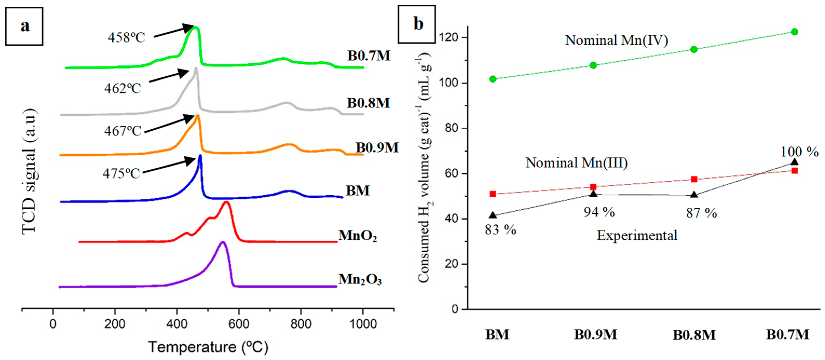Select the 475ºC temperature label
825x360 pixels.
click(121, 174)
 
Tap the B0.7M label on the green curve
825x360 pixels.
click(369, 56)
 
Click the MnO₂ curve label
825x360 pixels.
click(357, 236)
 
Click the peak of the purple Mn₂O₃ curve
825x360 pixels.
click(223, 242)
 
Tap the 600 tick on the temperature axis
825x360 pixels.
click(239, 324)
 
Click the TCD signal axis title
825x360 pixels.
click(30, 171)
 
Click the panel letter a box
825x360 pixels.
click(24, 26)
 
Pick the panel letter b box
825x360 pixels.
click(417, 24)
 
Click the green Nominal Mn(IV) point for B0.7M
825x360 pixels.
click(794, 32)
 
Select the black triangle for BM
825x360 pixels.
click(493, 215)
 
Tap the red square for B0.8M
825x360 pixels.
click(694, 179)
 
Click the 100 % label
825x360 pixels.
click(799, 152)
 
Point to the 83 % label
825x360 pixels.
click(500, 230)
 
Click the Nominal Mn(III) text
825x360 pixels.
click(576, 163)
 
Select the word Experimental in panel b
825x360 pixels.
click(637, 236)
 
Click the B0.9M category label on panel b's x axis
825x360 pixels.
click(595, 335)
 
